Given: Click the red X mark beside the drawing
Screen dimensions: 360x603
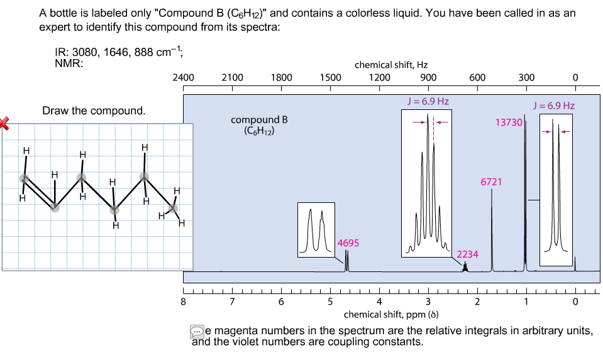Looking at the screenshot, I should (4, 123).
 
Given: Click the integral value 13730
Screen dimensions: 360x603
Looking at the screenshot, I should (509, 123).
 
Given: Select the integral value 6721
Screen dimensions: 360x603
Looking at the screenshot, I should (491, 182).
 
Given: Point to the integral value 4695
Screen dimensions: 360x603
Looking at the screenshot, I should (348, 243).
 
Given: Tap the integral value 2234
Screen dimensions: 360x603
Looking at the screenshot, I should (467, 254).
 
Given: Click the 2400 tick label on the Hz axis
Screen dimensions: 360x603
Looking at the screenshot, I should (183, 78).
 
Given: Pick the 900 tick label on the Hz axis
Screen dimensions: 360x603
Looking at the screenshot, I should (428, 78).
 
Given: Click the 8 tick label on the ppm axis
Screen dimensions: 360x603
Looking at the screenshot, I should (183, 302).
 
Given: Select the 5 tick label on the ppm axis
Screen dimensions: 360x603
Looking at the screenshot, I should (330, 302).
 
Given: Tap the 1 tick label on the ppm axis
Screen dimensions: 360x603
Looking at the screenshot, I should (526, 302).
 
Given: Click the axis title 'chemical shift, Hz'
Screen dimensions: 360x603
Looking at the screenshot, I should (391, 65).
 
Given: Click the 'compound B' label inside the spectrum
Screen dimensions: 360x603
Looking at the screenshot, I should (259, 119).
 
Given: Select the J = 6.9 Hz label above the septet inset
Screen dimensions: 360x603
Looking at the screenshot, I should (428, 101).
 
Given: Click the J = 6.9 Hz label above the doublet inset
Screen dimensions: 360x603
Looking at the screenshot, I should (553, 105).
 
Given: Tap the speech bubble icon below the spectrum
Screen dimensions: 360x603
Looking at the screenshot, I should (197, 330).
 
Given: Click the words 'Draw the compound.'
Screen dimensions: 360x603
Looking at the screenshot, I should (94, 111).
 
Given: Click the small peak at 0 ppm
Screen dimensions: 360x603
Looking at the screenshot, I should (575, 264).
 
